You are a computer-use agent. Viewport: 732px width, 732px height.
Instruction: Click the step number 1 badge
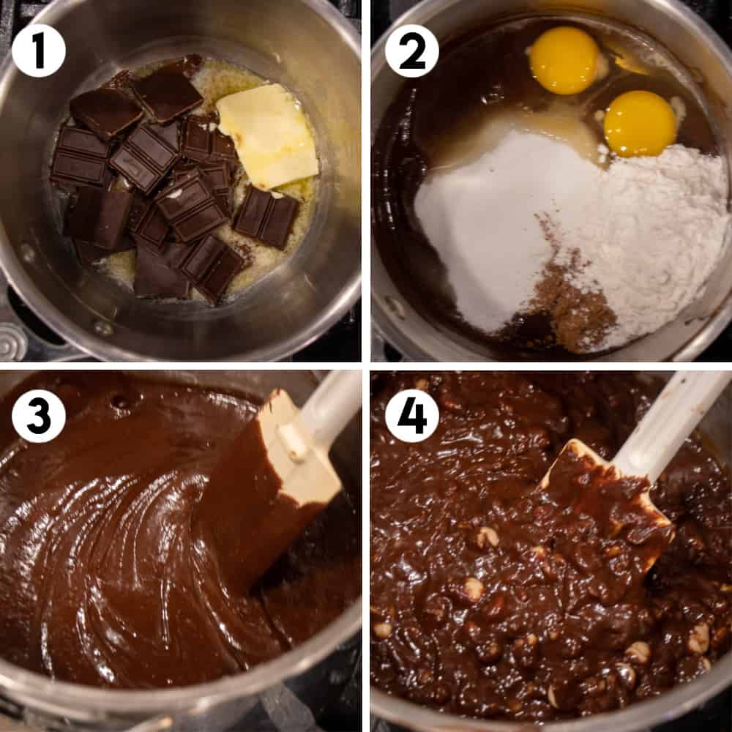click(39, 50)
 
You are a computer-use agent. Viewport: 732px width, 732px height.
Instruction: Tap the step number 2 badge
click(412, 51)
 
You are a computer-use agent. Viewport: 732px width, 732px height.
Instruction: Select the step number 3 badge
click(39, 416)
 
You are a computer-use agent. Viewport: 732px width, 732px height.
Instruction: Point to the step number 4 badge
click(412, 416)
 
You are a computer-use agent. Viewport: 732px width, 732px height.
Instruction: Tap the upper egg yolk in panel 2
click(564, 60)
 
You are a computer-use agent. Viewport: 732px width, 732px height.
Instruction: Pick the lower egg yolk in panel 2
click(640, 123)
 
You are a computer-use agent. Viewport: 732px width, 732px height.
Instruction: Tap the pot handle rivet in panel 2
click(397, 307)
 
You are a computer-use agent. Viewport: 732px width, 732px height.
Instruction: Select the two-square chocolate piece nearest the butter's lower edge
click(266, 217)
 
